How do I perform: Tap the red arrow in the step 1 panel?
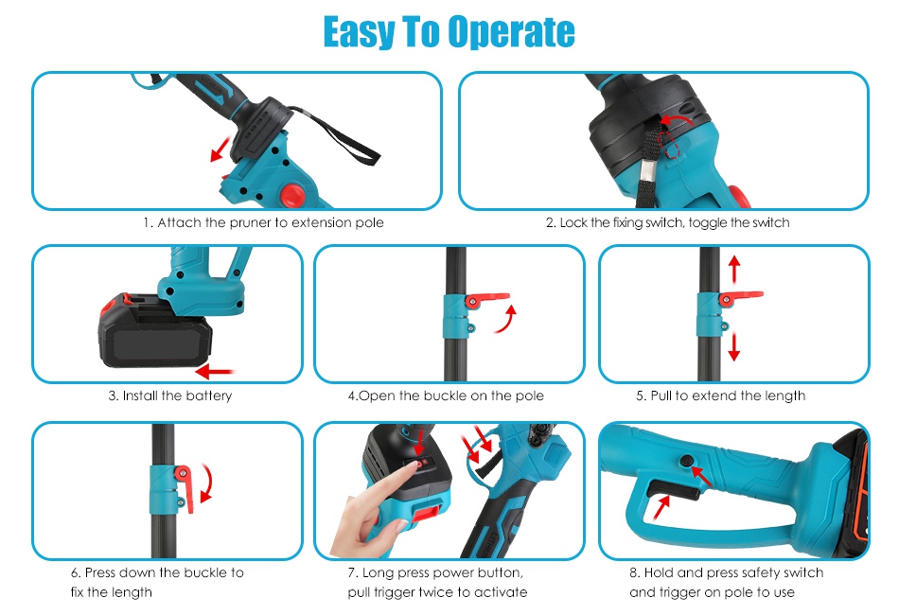coord(220,149)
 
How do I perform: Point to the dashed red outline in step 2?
coord(670,145)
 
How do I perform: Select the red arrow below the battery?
coord(215,372)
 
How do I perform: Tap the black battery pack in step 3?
coord(155,332)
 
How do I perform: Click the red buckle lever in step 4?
coord(486,299)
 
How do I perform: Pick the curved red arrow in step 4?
coord(506,319)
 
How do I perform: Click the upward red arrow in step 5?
coord(734,269)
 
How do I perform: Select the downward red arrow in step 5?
coord(734,347)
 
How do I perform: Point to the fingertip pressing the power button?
coord(410,466)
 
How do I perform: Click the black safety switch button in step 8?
coord(686,460)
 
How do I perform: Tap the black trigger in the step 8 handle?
coord(673,490)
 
